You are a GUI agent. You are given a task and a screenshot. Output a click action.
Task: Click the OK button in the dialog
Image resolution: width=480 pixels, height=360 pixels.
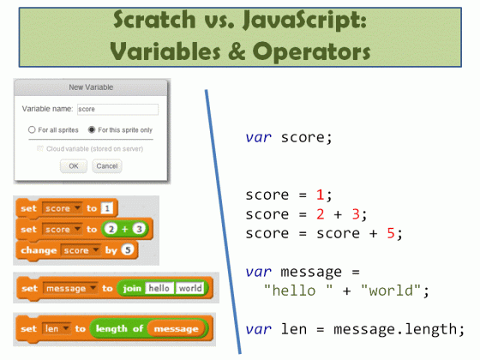point(73,166)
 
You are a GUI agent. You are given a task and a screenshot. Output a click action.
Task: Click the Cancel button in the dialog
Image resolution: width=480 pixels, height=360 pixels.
point(106,166)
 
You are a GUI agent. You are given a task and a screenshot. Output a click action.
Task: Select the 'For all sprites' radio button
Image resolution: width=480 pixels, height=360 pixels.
point(32,129)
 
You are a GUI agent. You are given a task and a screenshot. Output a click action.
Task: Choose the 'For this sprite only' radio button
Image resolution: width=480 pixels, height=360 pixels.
point(92,129)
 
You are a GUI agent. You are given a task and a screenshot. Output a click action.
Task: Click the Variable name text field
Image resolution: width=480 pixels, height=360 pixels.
point(117,110)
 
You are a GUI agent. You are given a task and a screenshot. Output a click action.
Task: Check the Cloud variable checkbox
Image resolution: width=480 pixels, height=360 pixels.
point(39,148)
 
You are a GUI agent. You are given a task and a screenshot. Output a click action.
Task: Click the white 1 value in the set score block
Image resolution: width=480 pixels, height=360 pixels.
point(106,208)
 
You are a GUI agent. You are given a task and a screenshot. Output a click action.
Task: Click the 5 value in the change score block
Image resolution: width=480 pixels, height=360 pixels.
point(128,250)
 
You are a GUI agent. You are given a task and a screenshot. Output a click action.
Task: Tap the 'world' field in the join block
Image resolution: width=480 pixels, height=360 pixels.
point(189,289)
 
